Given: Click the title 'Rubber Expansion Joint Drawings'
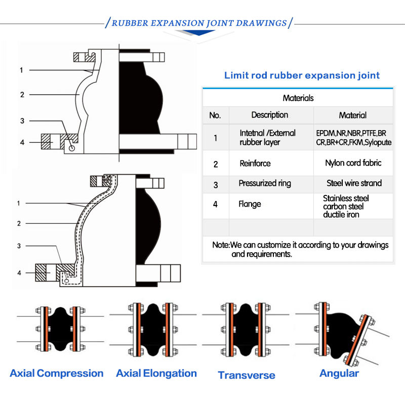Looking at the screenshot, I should tap(199, 23).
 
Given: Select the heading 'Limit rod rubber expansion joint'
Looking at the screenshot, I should tap(302, 75).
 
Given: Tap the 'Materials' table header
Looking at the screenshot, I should tap(298, 98).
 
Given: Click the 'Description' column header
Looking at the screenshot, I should tap(270, 115).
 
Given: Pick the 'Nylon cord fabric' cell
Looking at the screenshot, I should tap(353, 163).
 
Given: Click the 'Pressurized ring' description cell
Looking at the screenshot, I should tap(265, 183).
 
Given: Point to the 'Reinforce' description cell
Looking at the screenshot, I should tap(255, 164).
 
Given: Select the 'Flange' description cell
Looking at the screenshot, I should tap(250, 205).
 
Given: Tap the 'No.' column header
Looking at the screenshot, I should tap(215, 115).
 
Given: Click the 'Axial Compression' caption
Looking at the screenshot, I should tap(57, 374).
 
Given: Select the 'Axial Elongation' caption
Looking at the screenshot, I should tap(156, 374).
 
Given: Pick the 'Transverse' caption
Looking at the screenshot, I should tap(247, 375).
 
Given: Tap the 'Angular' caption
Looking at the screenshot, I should tap(339, 374).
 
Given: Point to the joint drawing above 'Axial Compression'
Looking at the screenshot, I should tap(57, 329).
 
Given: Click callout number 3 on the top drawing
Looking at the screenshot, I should tap(22, 121).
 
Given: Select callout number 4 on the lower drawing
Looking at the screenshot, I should tap(19, 273).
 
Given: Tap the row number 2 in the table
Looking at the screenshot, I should tap(216, 164).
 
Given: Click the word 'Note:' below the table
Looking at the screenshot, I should tap(221, 245).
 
